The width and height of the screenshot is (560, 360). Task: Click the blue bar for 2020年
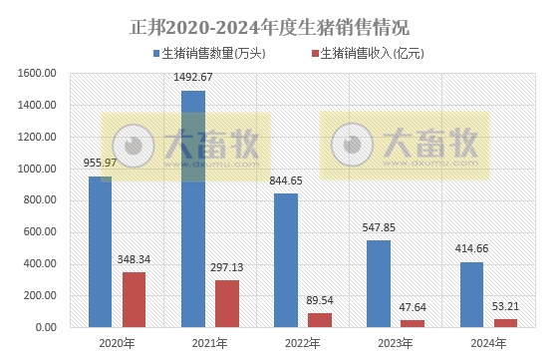101,251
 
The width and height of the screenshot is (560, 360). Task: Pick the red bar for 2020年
134,299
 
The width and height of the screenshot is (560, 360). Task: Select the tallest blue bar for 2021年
192,208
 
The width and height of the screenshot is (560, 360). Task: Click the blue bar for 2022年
285,260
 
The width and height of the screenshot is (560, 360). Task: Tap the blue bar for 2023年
378,283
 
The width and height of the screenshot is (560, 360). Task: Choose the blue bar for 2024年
470,294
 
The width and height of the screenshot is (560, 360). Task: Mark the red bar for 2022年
319,320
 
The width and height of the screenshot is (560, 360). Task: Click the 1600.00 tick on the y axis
37,73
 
